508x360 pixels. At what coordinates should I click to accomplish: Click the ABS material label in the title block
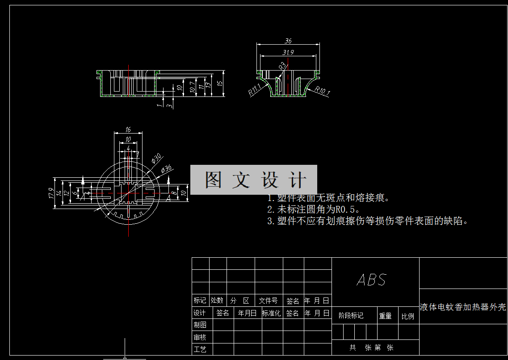coord(371,280)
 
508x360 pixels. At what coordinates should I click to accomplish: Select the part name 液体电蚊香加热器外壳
coord(463,307)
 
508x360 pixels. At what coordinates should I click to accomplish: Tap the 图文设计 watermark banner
coord(254,180)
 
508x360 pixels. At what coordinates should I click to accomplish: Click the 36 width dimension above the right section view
coord(288,41)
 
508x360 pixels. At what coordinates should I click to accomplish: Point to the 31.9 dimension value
coord(288,52)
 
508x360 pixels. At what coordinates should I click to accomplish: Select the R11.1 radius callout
coord(255,90)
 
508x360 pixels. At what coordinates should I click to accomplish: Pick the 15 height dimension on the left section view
coord(219,83)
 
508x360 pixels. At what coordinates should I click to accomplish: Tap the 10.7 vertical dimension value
coord(193,86)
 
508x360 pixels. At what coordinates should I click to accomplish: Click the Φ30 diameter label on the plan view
coord(156,159)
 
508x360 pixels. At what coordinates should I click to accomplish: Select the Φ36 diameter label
coord(166,169)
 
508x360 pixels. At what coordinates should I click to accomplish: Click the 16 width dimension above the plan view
coord(128,130)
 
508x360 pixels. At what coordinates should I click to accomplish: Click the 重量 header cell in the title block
coord(385,316)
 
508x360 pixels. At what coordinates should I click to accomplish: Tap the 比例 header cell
coord(407,316)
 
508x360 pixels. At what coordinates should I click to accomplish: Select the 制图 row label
coord(200,325)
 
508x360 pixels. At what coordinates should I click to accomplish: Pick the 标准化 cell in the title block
coord(271,313)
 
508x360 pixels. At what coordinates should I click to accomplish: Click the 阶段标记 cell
coord(351,316)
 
